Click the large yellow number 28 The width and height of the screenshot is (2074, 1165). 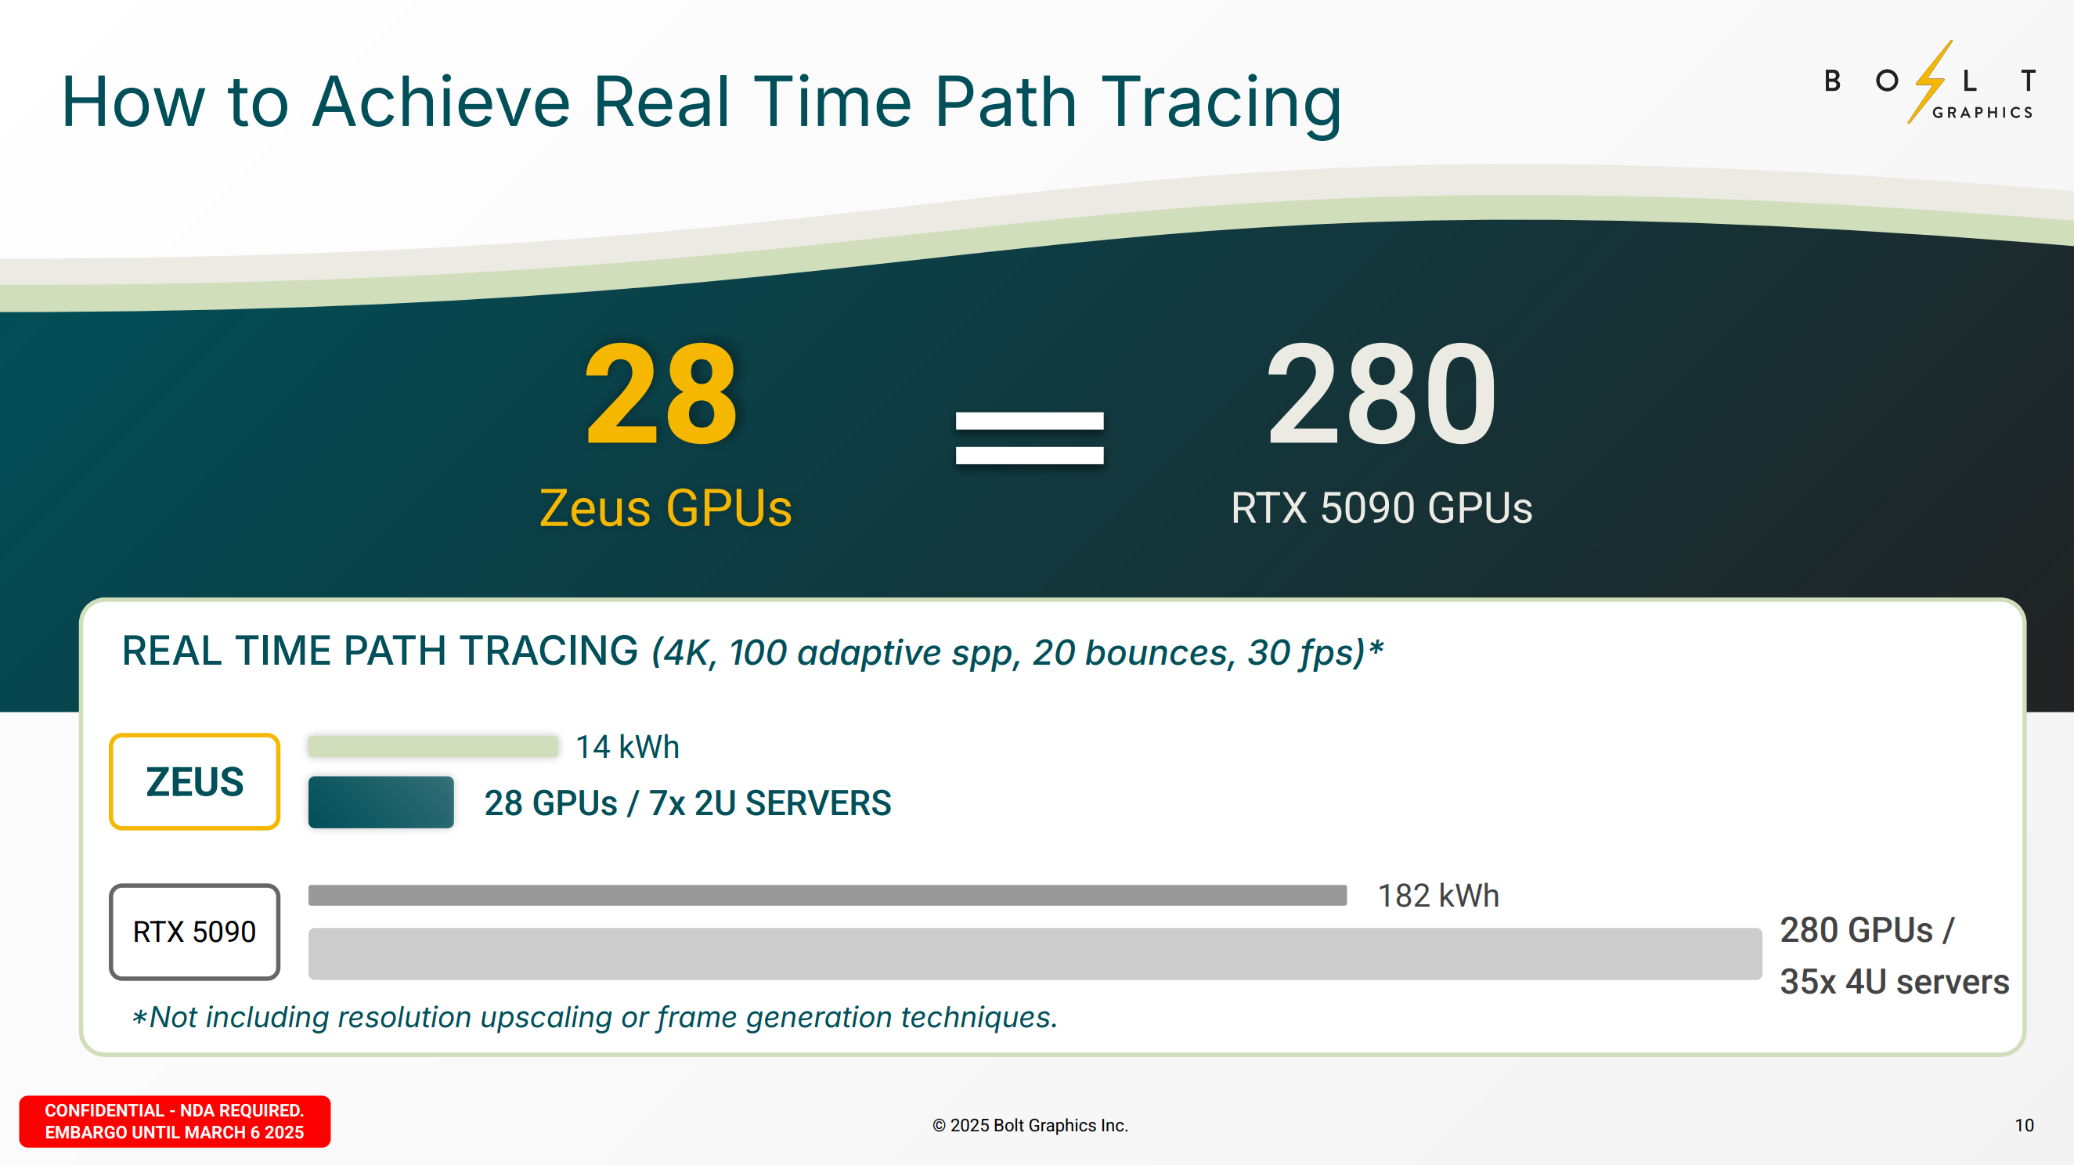[x=661, y=394]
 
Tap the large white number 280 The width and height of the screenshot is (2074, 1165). [x=1382, y=394]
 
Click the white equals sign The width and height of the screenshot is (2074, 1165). [x=1029, y=438]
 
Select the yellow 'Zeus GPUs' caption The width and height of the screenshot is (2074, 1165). [x=665, y=508]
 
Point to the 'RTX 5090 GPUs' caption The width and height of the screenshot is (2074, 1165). [x=1382, y=508]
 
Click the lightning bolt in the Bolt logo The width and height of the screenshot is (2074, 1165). [x=1930, y=81]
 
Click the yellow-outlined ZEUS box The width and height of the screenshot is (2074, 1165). [x=195, y=781]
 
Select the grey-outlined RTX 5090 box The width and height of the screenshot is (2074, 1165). [x=195, y=932]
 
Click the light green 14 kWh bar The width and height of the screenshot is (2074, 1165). [x=433, y=745]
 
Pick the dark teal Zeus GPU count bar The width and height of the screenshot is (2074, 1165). [x=381, y=802]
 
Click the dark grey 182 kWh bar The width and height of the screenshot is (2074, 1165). [x=828, y=896]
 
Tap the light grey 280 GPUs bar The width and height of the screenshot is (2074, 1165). [x=1035, y=954]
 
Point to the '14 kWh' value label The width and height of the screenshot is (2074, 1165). [x=627, y=747]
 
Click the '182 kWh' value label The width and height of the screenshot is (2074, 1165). [x=1439, y=896]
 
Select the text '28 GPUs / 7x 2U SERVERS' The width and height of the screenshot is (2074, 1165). [x=687, y=803]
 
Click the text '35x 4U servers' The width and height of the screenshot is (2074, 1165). [x=1895, y=982]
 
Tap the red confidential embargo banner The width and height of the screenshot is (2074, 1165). [x=175, y=1120]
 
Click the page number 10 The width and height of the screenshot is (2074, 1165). [x=2024, y=1125]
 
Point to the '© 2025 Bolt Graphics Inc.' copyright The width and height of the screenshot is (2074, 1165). [x=1030, y=1125]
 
